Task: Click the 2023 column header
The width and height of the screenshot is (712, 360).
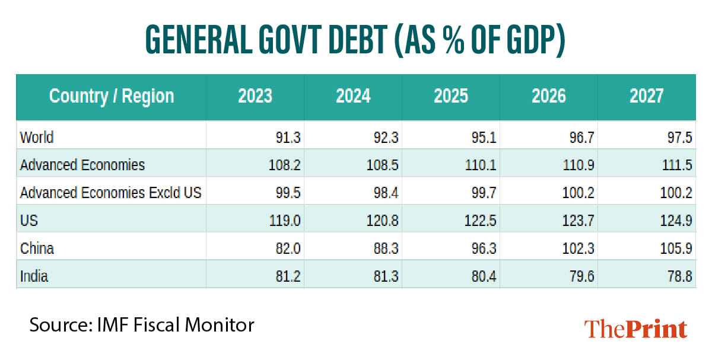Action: click(255, 96)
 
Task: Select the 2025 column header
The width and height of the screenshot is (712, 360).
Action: click(451, 96)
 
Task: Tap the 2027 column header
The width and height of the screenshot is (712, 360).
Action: click(646, 96)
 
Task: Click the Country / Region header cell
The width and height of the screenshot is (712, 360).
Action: click(112, 96)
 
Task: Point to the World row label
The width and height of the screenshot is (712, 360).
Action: click(37, 138)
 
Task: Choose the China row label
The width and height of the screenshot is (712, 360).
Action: click(37, 248)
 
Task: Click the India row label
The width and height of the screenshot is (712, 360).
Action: click(34, 276)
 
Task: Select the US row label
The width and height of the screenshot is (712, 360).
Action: click(29, 221)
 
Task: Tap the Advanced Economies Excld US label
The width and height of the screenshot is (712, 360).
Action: click(111, 193)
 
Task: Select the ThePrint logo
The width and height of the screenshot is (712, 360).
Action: click(635, 329)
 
